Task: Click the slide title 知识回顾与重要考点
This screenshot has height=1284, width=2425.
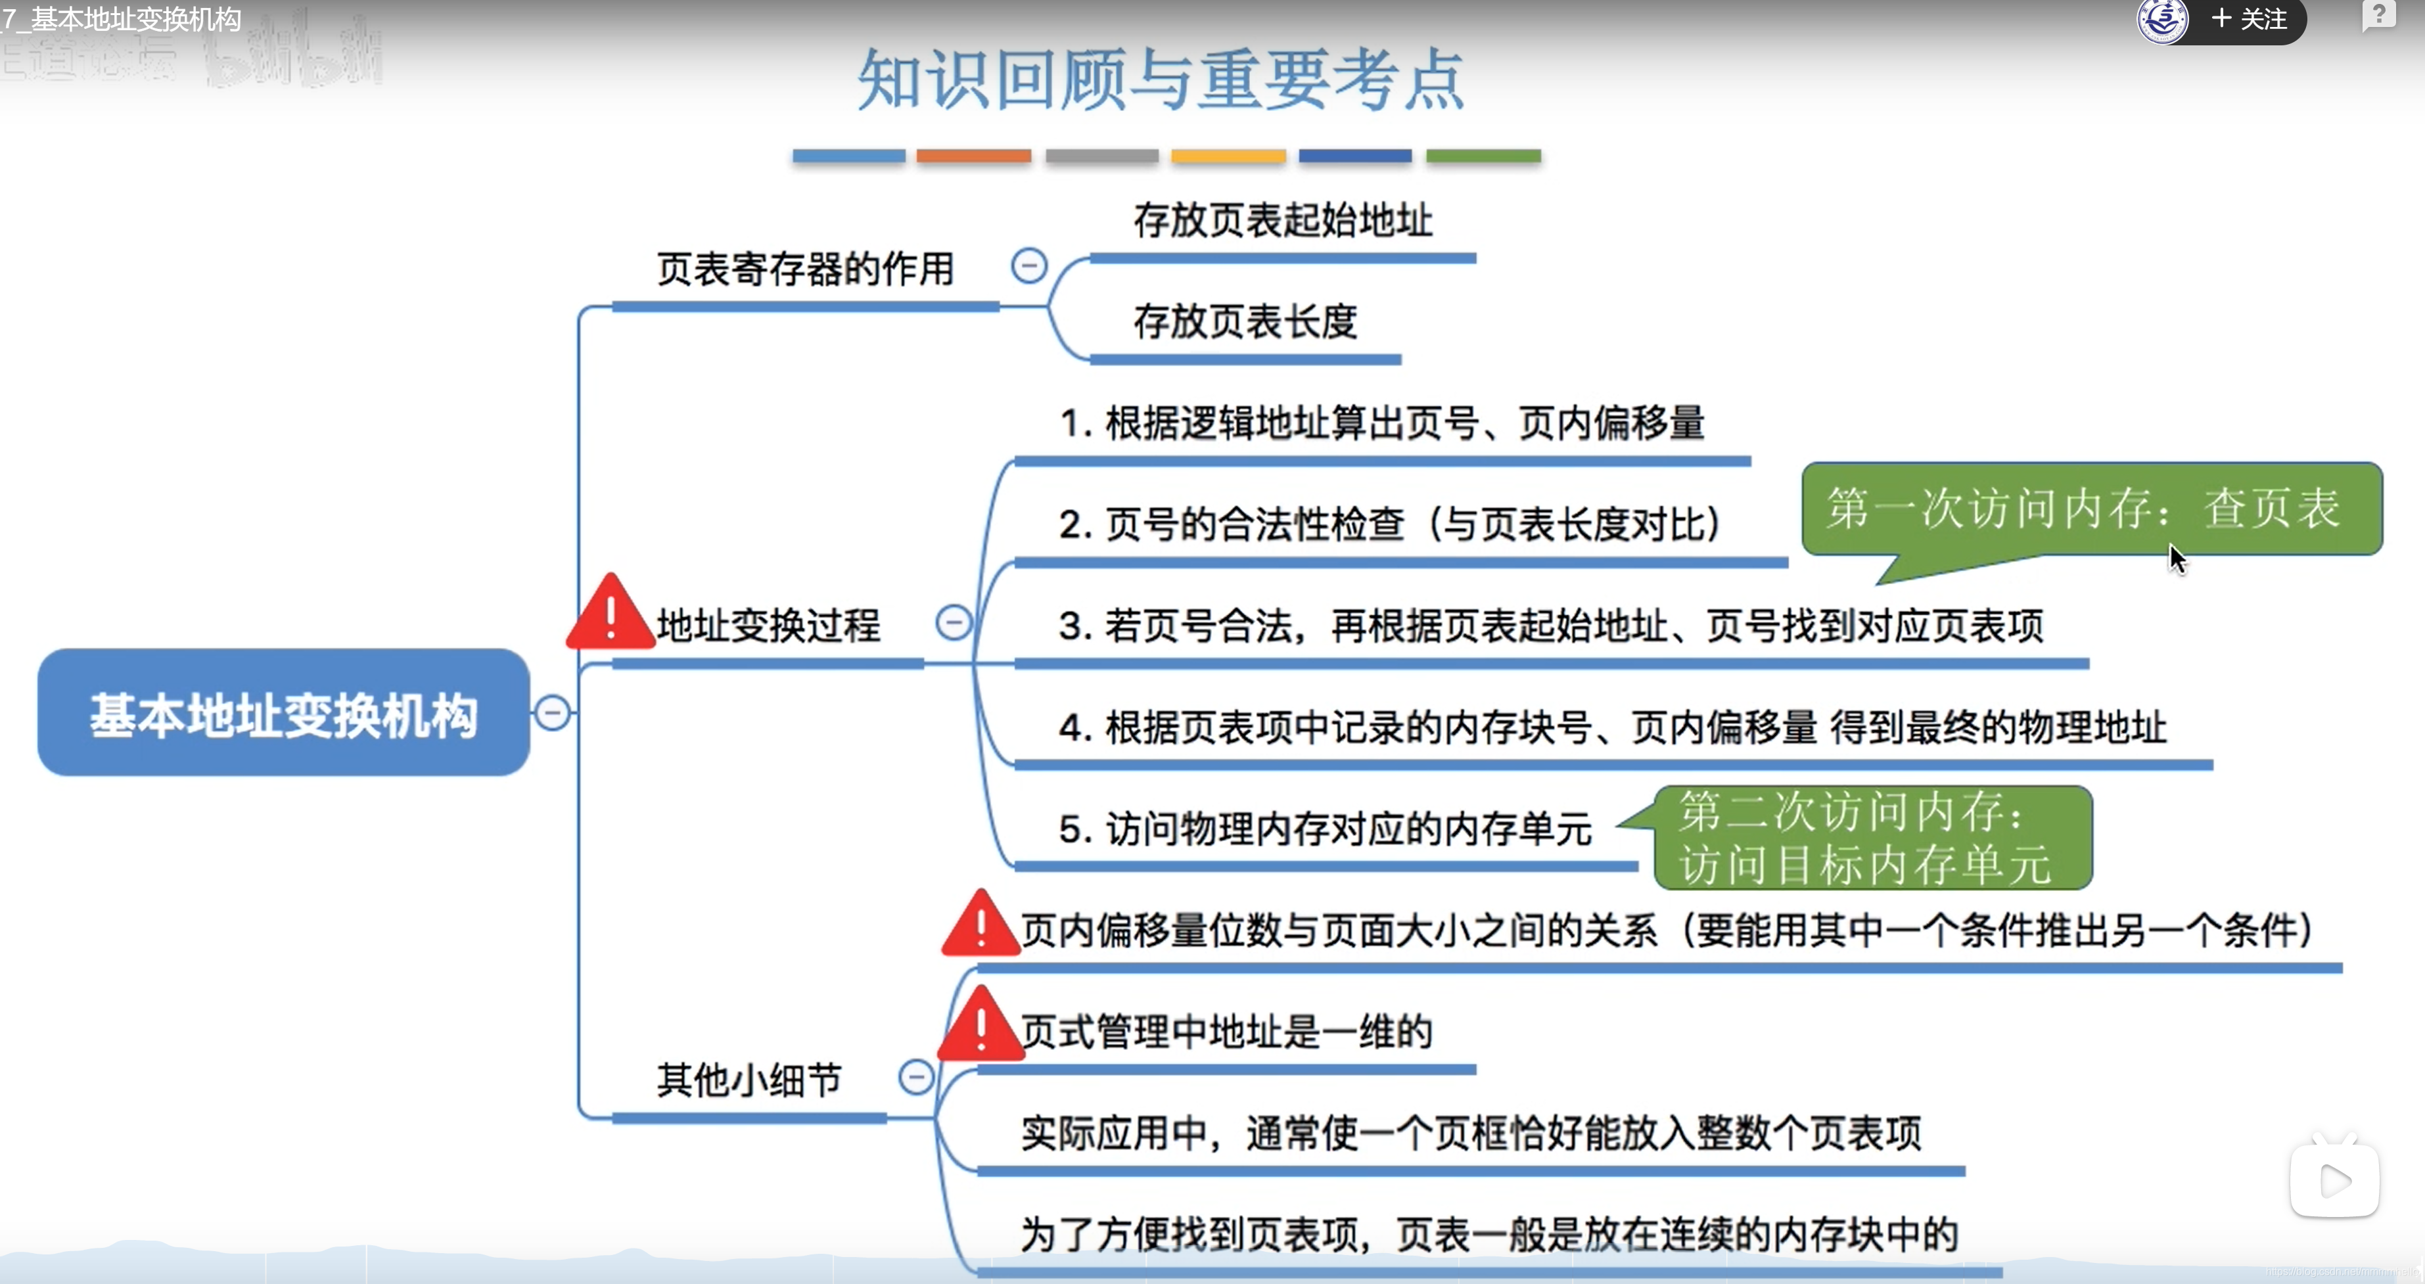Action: [1160, 80]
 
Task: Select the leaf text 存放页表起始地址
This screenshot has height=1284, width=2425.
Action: [1282, 220]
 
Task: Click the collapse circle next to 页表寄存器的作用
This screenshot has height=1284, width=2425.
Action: [1029, 265]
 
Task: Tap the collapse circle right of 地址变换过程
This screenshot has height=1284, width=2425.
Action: [953, 622]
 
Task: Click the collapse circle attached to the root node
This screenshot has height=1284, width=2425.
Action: [553, 712]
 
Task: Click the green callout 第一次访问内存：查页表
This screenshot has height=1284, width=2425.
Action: [2090, 509]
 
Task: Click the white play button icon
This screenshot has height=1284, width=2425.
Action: [2334, 1180]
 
